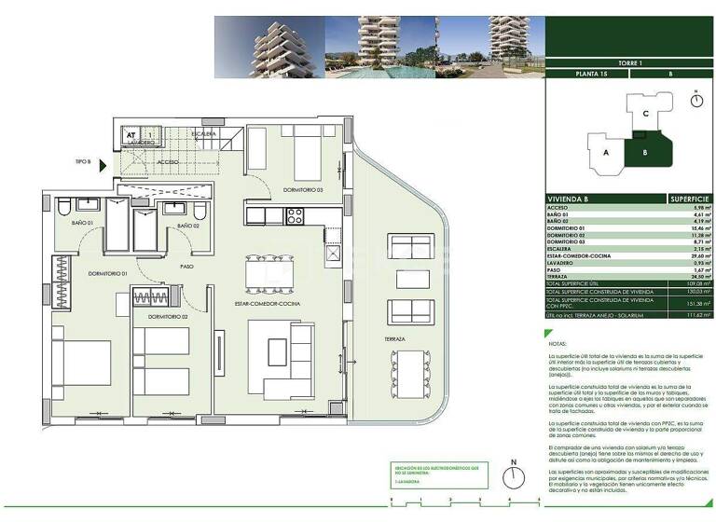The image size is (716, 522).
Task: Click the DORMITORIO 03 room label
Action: click(x=304, y=190)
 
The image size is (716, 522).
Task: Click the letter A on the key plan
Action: click(x=606, y=151)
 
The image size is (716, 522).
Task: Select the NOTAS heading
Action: click(x=557, y=344)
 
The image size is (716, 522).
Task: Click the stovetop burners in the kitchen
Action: click(x=296, y=216)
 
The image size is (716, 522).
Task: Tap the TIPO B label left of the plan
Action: click(x=84, y=162)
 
